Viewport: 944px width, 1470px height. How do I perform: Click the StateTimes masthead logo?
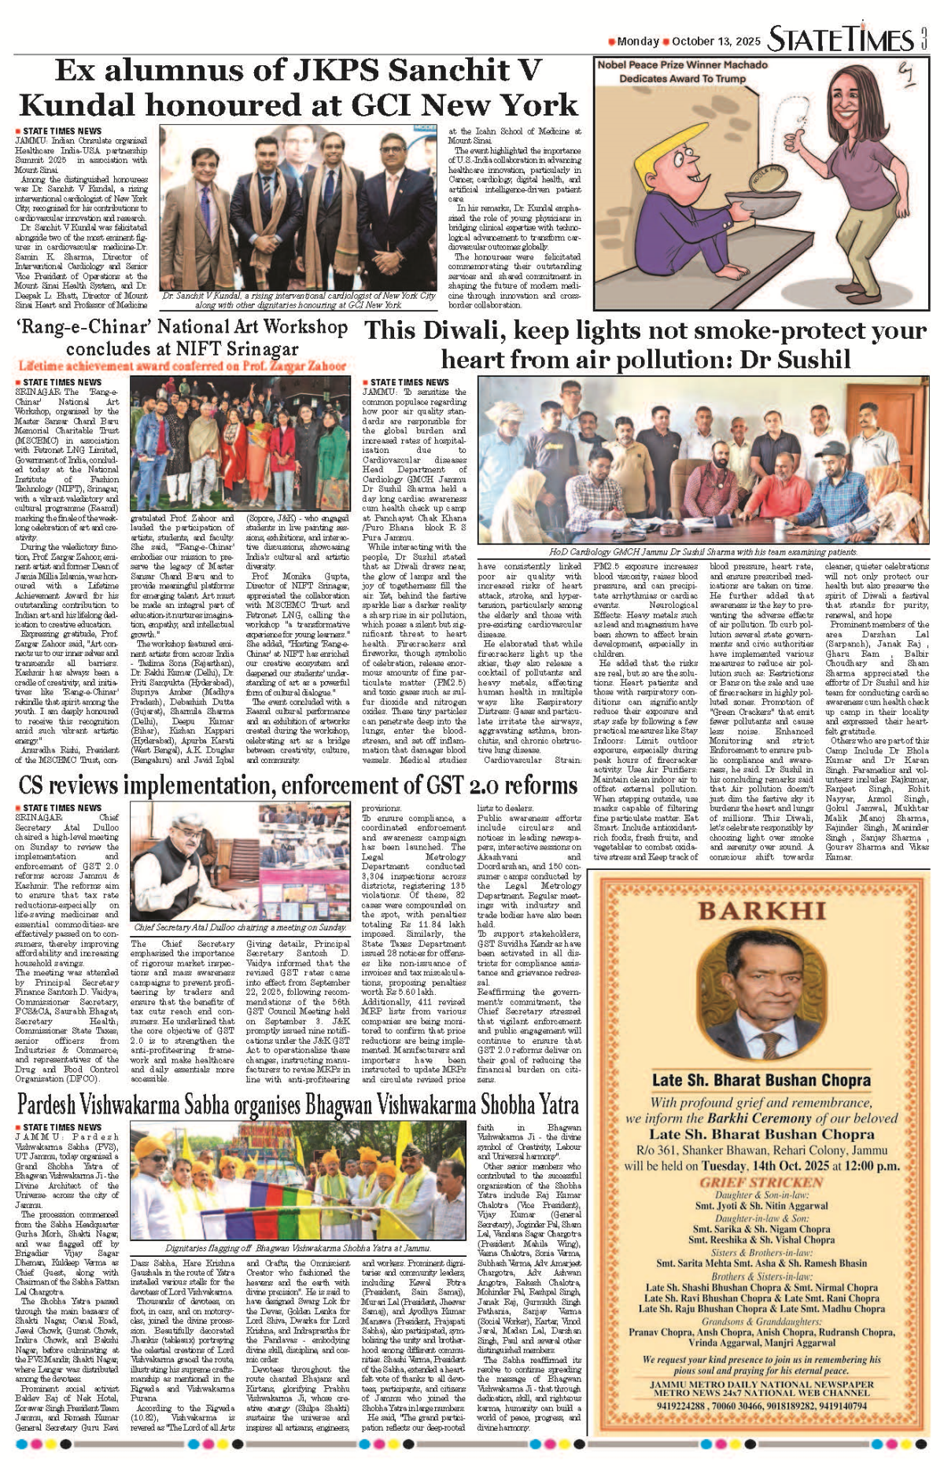(x=840, y=39)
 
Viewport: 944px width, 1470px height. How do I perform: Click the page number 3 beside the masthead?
(x=924, y=39)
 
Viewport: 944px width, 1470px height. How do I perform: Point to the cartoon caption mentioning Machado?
(x=682, y=72)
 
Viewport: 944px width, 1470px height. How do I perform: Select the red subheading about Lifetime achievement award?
(x=183, y=366)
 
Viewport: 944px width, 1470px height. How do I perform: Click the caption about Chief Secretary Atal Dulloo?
(x=240, y=927)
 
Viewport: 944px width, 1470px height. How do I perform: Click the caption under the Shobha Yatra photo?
(x=298, y=1247)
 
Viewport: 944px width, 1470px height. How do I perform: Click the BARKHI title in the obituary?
(x=761, y=911)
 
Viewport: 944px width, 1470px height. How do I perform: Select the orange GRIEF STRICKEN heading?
(x=761, y=1182)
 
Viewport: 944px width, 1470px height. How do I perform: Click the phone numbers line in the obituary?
(x=761, y=1406)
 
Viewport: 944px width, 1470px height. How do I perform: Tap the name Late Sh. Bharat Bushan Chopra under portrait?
(x=761, y=1080)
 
